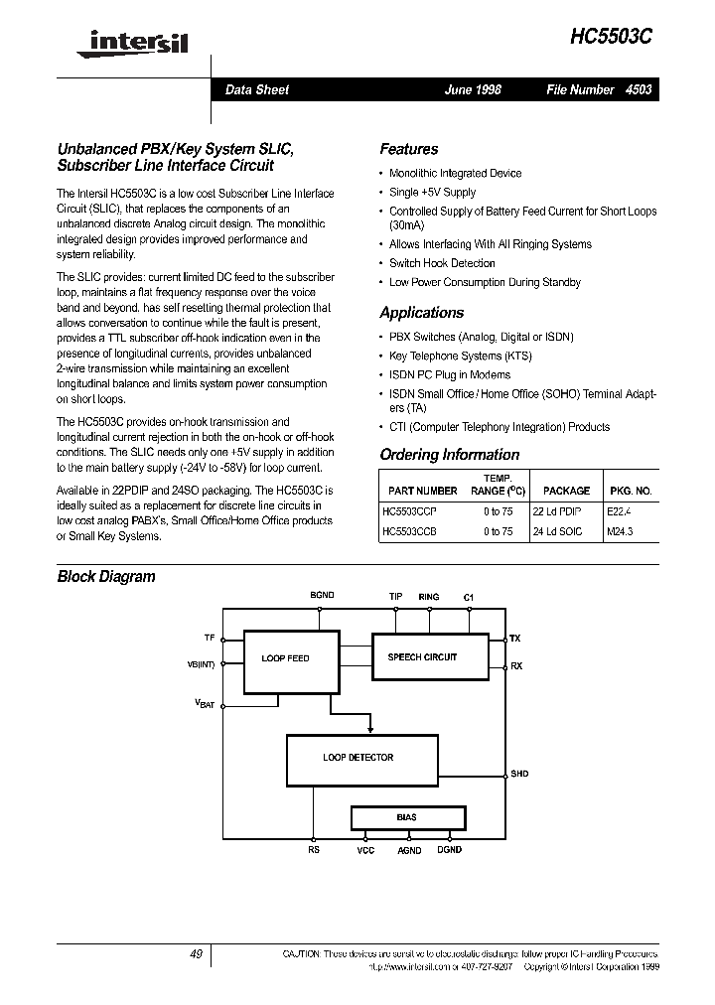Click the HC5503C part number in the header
coord(611,36)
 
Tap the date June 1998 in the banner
coord(473,89)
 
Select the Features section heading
coord(408,149)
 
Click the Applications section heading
coord(421,313)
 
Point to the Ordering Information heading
coord(449,455)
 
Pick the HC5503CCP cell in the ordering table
coord(409,511)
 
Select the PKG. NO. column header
coord(630,491)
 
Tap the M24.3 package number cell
coord(620,532)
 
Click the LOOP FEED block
coord(285,658)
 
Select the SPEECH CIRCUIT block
coord(423,657)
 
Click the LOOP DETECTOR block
coord(357,758)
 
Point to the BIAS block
coord(407,817)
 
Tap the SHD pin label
coord(519,773)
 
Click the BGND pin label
coord(322,596)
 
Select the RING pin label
coord(428,596)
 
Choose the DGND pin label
coord(449,850)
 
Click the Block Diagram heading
coord(106,576)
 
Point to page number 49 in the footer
coord(196,953)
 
